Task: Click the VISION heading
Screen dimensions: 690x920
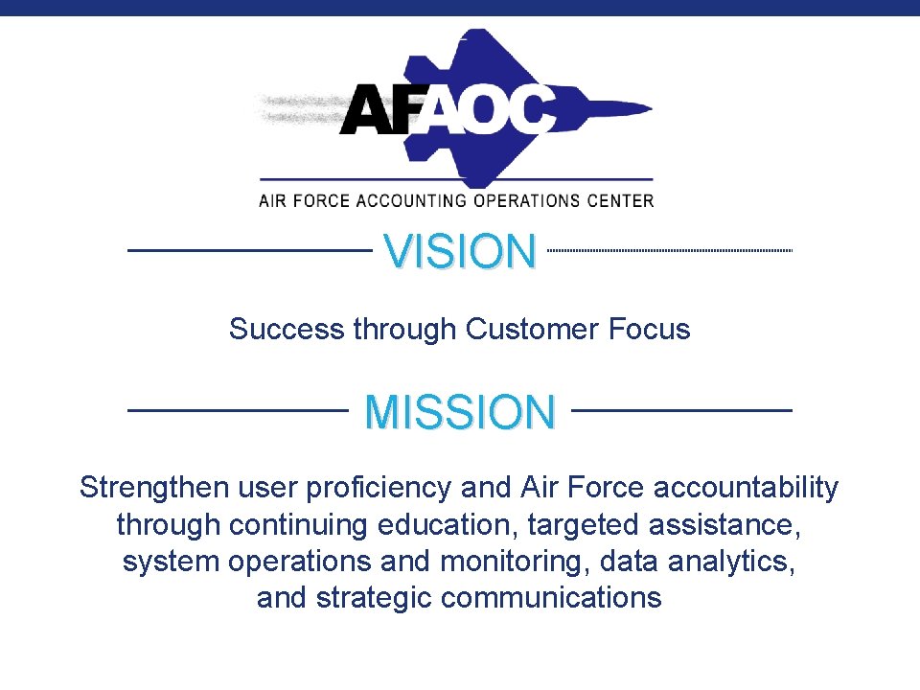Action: [x=460, y=252]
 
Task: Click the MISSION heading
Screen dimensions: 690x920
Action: [x=460, y=412]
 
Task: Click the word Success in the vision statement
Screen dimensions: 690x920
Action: [x=287, y=330]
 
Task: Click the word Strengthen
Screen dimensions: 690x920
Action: [x=155, y=488]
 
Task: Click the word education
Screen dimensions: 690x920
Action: [x=447, y=525]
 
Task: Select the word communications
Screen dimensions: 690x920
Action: [x=551, y=598]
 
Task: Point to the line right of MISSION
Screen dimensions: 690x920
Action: [x=683, y=409]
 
